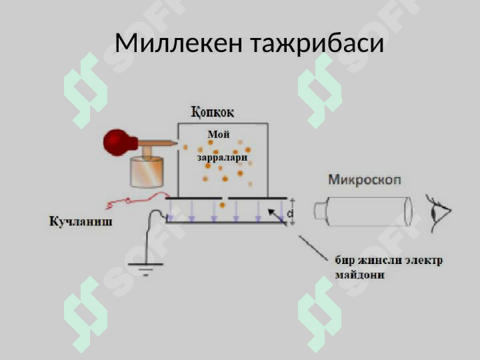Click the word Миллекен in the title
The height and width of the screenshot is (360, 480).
179,43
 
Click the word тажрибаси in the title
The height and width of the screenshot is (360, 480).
317,43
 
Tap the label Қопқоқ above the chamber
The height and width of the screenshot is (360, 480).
213,113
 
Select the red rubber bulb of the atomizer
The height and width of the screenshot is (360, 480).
120,143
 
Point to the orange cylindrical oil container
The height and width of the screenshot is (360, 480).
147,172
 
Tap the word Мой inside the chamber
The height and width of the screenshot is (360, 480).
219,135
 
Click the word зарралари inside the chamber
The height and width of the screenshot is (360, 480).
222,157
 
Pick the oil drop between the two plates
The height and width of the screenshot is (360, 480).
223,205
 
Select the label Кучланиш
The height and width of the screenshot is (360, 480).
81,221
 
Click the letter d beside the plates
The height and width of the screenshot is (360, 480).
290,213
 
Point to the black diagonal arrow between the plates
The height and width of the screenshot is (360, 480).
277,217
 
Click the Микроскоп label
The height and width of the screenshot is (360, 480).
365,180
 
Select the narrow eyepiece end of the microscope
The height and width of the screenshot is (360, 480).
321,211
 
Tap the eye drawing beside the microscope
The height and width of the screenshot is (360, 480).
439,213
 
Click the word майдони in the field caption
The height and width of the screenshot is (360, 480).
359,275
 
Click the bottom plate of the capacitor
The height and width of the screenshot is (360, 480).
227,223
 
